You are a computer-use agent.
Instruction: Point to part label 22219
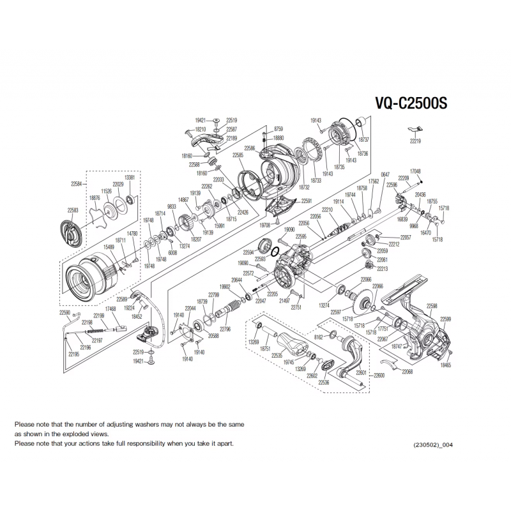(x=416, y=141)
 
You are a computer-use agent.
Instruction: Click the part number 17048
(x=415, y=171)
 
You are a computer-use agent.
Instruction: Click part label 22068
(x=407, y=371)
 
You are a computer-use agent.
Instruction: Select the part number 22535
(x=277, y=355)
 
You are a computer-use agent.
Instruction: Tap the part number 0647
(x=385, y=174)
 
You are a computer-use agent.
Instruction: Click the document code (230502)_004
(x=434, y=445)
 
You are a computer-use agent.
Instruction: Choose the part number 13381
(x=130, y=178)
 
